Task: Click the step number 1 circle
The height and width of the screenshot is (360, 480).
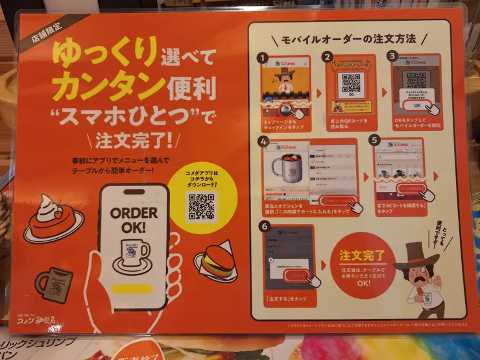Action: [x=264, y=58]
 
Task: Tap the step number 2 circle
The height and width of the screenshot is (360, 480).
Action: [x=328, y=58]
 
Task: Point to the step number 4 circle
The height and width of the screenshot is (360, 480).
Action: [x=263, y=141]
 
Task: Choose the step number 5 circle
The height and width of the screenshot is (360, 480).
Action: [x=374, y=139]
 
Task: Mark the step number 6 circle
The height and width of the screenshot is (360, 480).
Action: [x=263, y=226]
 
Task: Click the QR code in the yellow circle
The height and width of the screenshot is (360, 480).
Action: [x=201, y=206]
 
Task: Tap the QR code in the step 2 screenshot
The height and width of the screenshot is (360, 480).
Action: [x=352, y=82]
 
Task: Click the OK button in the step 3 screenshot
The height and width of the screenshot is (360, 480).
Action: [x=416, y=105]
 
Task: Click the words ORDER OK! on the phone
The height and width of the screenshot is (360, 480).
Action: [x=134, y=219]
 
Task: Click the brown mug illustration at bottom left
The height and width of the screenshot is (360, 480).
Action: [x=54, y=281]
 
